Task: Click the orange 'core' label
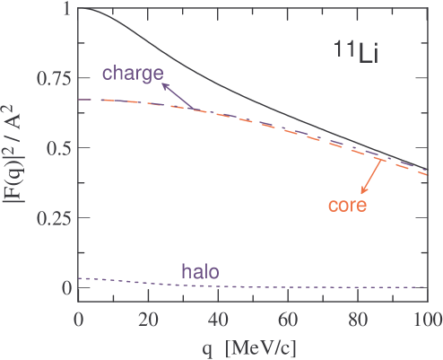(348, 205)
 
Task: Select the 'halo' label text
(200, 269)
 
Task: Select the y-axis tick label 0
(67, 288)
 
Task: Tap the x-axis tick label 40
(218, 319)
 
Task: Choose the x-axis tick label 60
(288, 319)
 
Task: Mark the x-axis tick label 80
(358, 319)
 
